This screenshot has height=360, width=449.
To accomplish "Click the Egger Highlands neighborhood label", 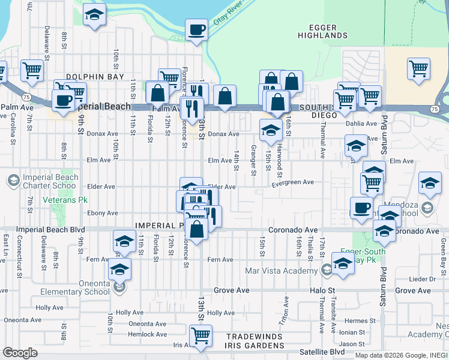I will point(322,31).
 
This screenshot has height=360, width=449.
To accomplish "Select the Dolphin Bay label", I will point(95,77).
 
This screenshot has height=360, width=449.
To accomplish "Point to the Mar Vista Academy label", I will point(281,271).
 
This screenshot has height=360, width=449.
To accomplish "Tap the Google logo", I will point(20,353).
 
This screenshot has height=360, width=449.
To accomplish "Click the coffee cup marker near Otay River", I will point(196,30).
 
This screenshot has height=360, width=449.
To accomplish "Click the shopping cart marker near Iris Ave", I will point(200,335).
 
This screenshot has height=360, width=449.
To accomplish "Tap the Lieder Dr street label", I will point(423,279).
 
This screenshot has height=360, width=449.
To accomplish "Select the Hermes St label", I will point(360,321).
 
